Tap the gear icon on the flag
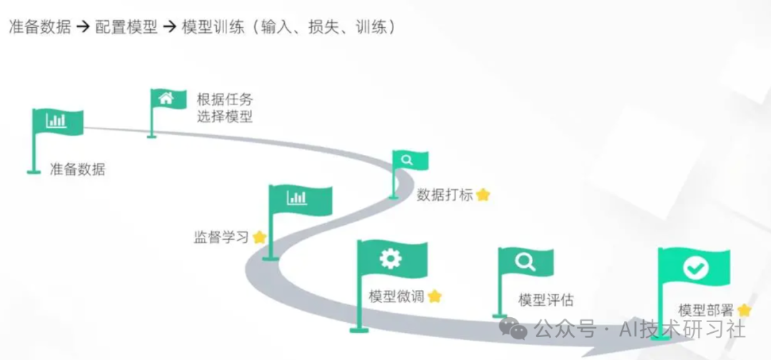pyautogui.click(x=390, y=258)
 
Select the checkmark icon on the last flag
pyautogui.click(x=695, y=268)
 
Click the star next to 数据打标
pyautogui.click(x=483, y=194)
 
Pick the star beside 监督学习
pyautogui.click(x=259, y=237)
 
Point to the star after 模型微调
pyautogui.click(x=435, y=296)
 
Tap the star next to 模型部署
pyautogui.click(x=745, y=310)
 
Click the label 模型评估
pyautogui.click(x=545, y=300)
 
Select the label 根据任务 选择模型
pyautogui.click(x=225, y=108)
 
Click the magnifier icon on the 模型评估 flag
pyautogui.click(x=525, y=262)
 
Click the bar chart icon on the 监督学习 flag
pyautogui.click(x=297, y=197)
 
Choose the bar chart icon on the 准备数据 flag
pyautogui.click(x=56, y=120)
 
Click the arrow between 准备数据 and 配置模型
pyautogui.click(x=83, y=28)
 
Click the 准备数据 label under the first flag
pyautogui.click(x=77, y=169)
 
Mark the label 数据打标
pyautogui.click(x=445, y=194)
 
